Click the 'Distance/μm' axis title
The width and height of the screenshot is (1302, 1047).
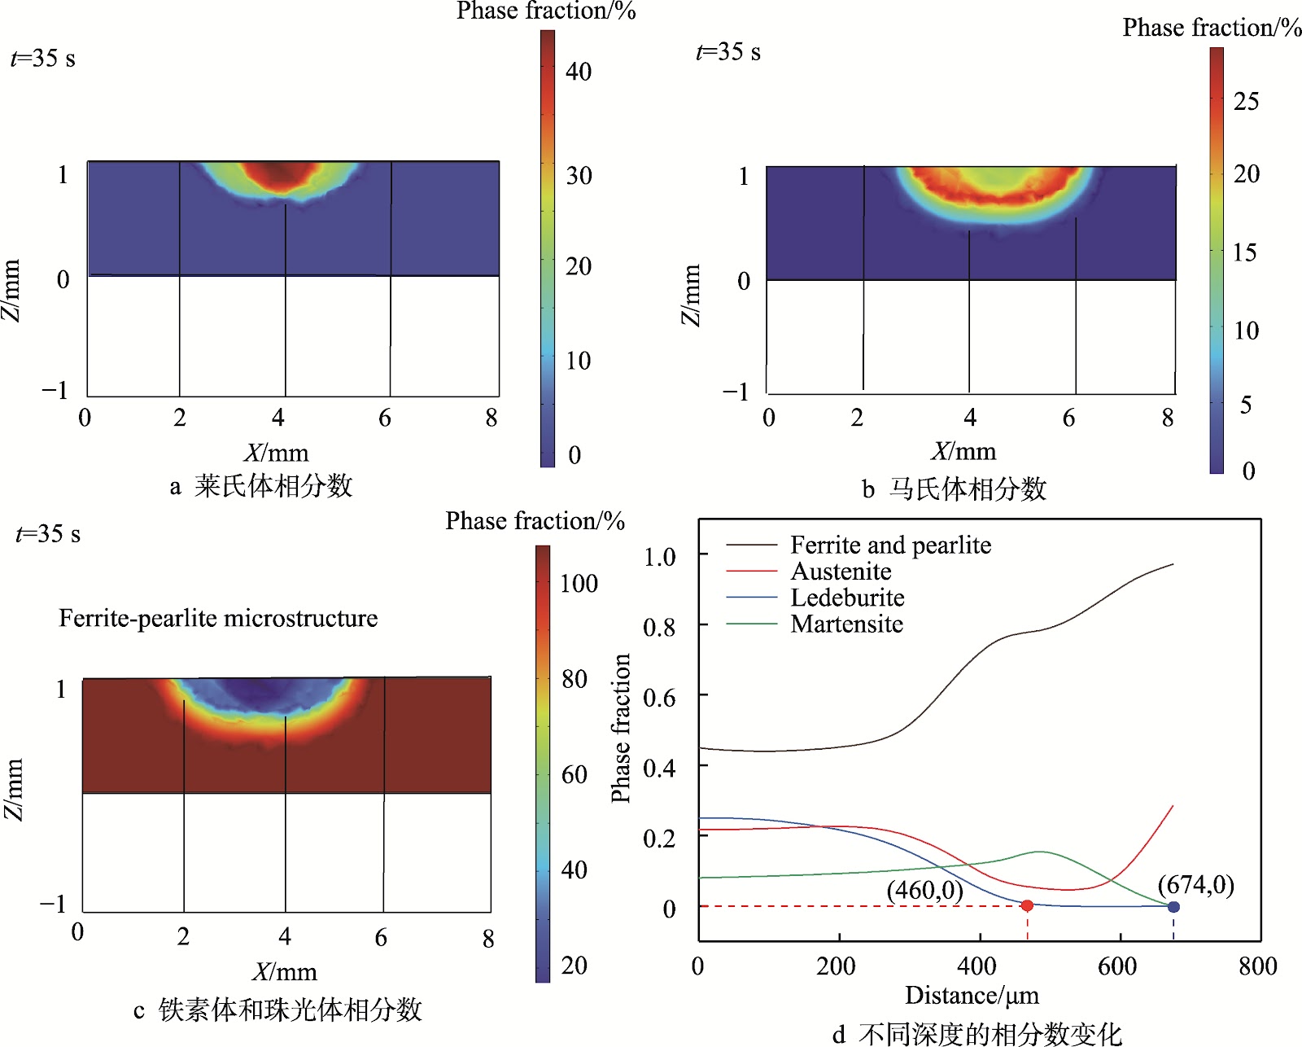[972, 996]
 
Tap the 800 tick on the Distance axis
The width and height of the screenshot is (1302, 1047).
[1258, 966]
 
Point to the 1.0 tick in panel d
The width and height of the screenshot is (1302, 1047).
[659, 557]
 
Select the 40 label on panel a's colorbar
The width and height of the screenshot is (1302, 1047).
[579, 72]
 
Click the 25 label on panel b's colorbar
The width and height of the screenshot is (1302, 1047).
[1247, 101]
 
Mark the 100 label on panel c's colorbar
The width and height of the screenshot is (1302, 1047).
[579, 583]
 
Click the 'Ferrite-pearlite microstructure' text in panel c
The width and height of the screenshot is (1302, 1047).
[218, 618]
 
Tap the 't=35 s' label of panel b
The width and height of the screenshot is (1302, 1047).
[728, 52]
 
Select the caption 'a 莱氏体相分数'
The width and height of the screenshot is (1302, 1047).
[260, 486]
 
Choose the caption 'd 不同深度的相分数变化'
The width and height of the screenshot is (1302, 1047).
[977, 1034]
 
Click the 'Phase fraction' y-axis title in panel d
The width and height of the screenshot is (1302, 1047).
[621, 728]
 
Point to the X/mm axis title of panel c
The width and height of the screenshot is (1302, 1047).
[284, 972]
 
